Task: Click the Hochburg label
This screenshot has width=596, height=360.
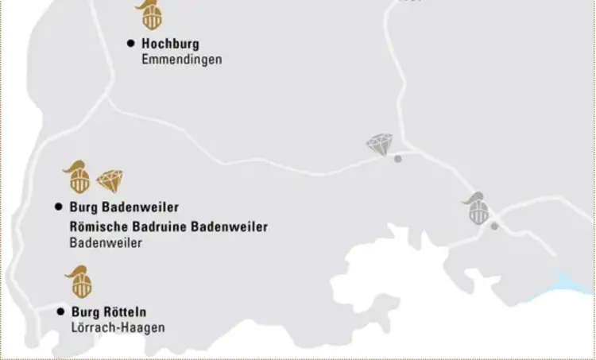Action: click(170, 44)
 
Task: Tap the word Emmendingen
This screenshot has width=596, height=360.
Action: click(181, 60)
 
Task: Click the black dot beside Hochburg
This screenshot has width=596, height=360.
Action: click(131, 44)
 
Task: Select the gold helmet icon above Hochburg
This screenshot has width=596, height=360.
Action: click(148, 15)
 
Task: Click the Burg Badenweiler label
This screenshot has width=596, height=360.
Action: click(123, 207)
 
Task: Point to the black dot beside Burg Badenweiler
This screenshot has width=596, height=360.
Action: click(58, 207)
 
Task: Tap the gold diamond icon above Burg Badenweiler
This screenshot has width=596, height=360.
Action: click(108, 181)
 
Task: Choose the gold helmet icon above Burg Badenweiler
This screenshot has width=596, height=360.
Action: click(78, 177)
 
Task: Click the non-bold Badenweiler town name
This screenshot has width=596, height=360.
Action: click(106, 243)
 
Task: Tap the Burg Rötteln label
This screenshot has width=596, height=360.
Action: click(108, 312)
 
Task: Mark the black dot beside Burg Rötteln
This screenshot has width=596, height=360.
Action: click(60, 312)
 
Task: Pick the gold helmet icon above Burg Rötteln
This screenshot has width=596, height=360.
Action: click(79, 282)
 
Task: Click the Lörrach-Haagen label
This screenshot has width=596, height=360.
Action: click(118, 327)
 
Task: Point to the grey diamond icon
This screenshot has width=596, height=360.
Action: click(380, 145)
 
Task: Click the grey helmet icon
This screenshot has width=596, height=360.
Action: click(478, 208)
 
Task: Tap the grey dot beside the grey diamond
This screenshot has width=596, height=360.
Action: click(398, 159)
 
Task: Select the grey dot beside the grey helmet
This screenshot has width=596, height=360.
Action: click(494, 226)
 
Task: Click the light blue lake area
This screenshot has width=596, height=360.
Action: click(576, 283)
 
